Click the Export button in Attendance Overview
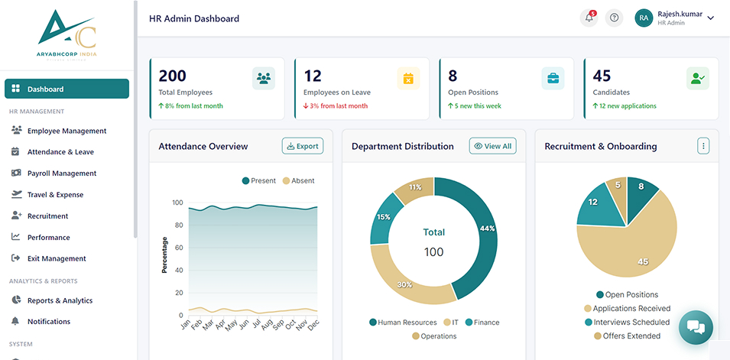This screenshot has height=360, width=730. pos(303,146)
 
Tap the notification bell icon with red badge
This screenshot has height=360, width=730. pos(589,18)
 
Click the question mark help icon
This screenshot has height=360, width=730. pos(614,18)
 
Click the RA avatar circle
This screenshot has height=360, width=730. pos(644,18)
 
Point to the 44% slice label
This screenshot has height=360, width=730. pos(488,229)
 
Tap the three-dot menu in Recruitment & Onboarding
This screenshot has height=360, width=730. pos(703,146)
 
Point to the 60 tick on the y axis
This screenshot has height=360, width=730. pos(179,248)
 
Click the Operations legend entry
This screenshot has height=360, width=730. pos(434,336)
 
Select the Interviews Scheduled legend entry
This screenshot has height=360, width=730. pos(627,323)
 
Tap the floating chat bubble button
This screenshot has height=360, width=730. pos(696,327)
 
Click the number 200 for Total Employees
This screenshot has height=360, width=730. pos(172,76)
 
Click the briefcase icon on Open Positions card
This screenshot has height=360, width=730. pos(553,78)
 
